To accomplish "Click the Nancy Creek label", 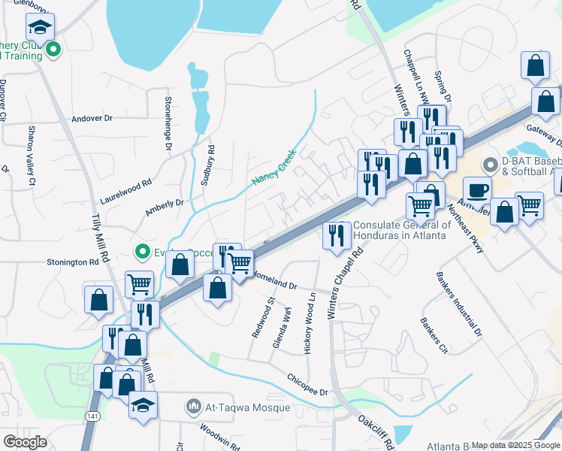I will (x=274, y=167).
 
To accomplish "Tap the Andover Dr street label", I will (x=91, y=118).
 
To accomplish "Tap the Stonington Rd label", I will (x=73, y=263).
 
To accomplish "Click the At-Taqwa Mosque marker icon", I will (x=194, y=408).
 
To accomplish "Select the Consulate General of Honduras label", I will (x=402, y=230).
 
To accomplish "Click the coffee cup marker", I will (x=476, y=190).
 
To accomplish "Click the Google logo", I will (x=25, y=441).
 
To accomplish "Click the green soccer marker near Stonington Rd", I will (x=140, y=251).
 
